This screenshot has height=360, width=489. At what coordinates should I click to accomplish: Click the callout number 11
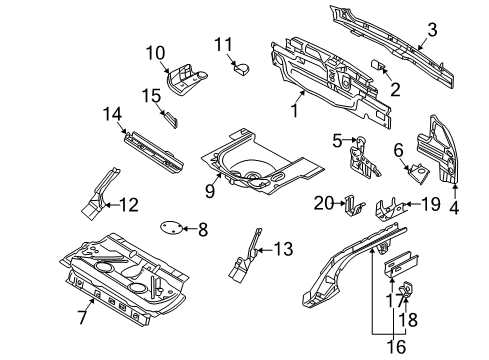(223, 45)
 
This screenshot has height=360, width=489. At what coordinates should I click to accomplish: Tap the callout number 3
(432, 30)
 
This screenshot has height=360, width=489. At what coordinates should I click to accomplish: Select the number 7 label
(82, 317)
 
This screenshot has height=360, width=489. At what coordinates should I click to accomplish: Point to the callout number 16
(396, 347)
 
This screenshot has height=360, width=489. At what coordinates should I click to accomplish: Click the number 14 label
(112, 114)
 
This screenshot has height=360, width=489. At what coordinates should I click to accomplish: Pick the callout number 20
(324, 203)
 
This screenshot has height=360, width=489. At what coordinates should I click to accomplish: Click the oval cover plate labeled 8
(171, 228)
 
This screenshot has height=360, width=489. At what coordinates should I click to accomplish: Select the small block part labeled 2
(377, 63)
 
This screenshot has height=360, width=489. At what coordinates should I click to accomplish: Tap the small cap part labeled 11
(242, 69)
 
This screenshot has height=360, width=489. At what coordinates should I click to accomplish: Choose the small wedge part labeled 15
(171, 119)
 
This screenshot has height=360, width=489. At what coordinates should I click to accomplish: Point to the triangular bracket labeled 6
(419, 173)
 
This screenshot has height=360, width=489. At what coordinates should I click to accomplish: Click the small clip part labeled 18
(407, 289)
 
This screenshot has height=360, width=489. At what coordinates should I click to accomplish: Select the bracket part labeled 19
(389, 209)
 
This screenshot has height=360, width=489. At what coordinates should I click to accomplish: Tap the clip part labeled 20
(354, 205)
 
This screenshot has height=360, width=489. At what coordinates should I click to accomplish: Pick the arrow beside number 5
(350, 140)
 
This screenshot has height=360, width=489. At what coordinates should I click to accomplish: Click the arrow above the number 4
(454, 192)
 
